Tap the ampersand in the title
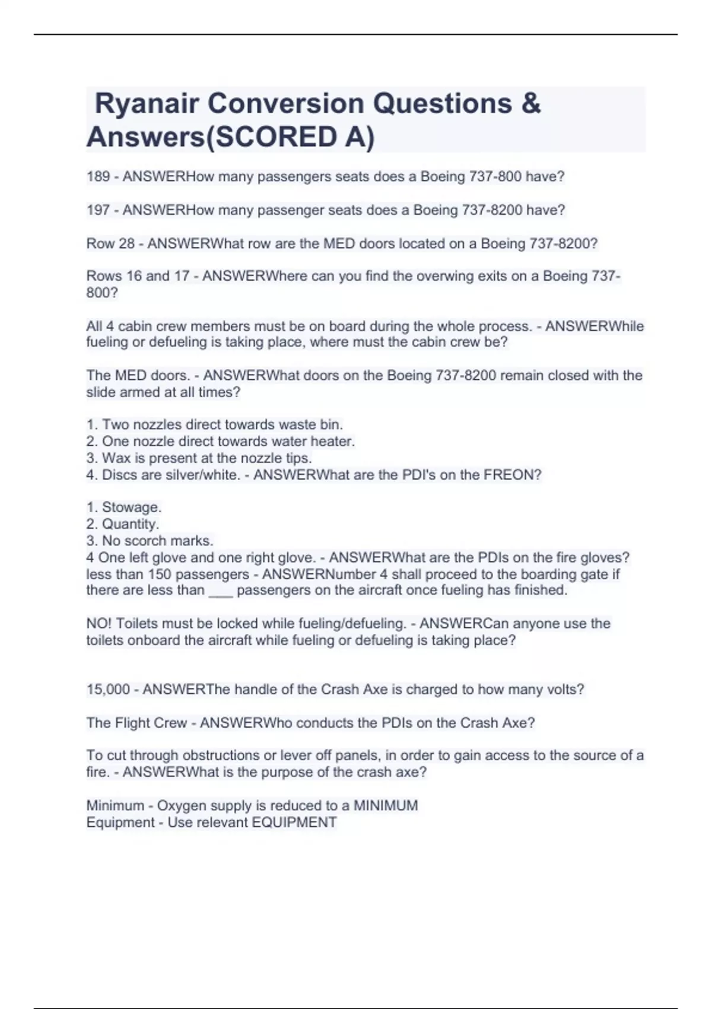tap(531, 104)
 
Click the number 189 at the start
tap(98, 177)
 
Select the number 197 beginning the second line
tap(98, 210)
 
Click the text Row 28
tap(110, 244)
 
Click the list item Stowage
tap(132, 507)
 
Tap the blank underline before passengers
tap(221, 591)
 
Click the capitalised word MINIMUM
tap(386, 806)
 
